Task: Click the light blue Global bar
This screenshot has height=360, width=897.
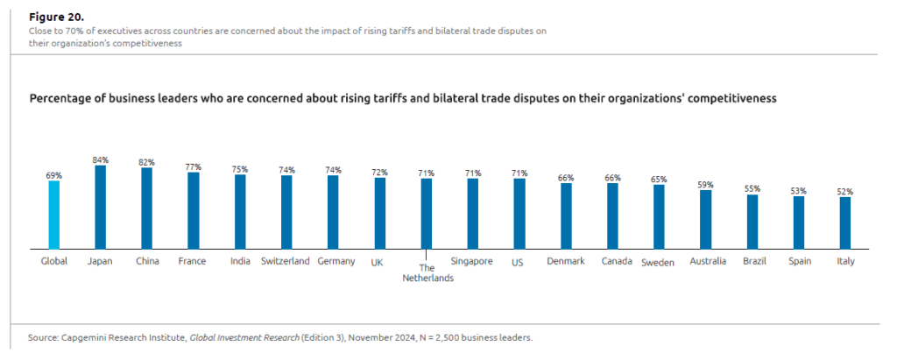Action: [53, 215]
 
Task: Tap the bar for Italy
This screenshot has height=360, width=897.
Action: [844, 223]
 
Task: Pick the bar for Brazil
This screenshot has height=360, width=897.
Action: [752, 222]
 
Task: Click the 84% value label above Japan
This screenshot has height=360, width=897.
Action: [100, 159]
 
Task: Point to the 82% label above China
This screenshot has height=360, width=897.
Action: [146, 162]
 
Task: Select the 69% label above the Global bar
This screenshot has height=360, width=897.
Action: [53, 175]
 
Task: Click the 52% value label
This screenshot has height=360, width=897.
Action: [844, 191]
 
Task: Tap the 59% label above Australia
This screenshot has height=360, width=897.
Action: [705, 185]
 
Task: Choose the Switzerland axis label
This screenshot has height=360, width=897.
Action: [286, 261]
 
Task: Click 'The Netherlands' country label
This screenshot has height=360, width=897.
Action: [427, 273]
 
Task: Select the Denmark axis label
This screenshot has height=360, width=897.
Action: [566, 261]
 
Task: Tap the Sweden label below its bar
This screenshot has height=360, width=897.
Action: [659, 262]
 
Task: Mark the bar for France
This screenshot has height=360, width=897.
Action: [193, 211]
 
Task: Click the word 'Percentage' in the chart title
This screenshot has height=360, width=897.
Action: [60, 99]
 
